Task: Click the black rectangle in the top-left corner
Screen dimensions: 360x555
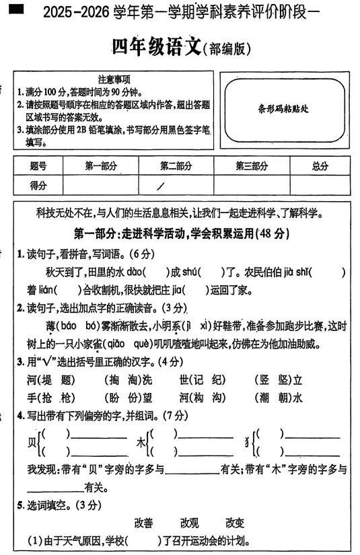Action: coord(17,8)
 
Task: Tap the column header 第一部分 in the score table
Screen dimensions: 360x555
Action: coord(101,166)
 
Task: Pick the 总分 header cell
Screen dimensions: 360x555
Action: coord(320,166)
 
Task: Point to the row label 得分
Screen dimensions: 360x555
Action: coord(39,186)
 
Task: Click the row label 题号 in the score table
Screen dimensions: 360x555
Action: coord(39,166)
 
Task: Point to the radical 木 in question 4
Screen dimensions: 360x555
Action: coord(141,443)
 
